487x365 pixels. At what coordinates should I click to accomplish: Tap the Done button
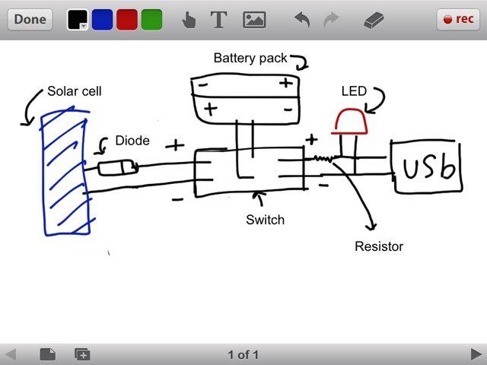pos(30,19)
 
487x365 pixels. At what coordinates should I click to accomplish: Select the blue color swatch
pos(102,20)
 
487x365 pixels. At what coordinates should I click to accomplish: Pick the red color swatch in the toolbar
pos(127,20)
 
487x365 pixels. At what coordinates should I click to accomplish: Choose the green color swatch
pos(151,20)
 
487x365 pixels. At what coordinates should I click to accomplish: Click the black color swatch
pos(78,20)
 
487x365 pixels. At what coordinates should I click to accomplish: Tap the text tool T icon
pos(219,20)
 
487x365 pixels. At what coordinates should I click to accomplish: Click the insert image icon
pos(254,20)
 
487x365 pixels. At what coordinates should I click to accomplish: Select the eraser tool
pos(376,20)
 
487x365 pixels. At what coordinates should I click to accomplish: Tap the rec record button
pos(458,20)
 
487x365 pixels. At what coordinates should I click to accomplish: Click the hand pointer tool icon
pos(189,20)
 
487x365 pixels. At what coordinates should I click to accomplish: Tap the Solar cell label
pos(74,91)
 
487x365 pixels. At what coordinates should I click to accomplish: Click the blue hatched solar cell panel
pos(65,172)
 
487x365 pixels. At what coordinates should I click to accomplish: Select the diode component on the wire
pos(119,167)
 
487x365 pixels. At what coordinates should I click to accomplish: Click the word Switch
pos(265,220)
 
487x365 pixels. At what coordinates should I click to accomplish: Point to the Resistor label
pos(379,246)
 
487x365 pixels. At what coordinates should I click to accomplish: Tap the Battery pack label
pos(250,58)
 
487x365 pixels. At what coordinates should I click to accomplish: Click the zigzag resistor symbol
pos(325,159)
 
